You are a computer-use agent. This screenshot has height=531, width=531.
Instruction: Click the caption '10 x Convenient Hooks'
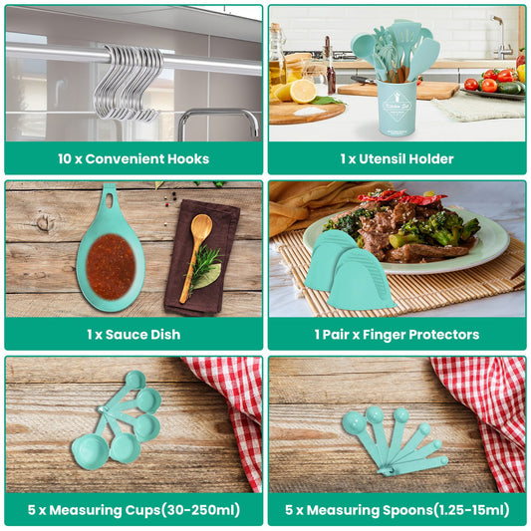[133, 158]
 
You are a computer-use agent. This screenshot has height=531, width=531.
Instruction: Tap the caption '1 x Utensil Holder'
[397, 158]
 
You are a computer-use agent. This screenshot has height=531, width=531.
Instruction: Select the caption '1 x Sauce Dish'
[133, 334]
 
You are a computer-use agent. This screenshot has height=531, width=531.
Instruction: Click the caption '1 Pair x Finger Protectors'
[397, 334]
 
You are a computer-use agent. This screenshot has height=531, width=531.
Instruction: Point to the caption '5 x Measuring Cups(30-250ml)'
[133, 509]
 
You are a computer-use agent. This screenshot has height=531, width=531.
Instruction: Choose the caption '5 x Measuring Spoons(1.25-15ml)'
[397, 509]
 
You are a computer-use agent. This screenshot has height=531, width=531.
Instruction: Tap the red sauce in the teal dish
[111, 266]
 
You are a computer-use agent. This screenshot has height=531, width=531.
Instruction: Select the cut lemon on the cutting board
[303, 92]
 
